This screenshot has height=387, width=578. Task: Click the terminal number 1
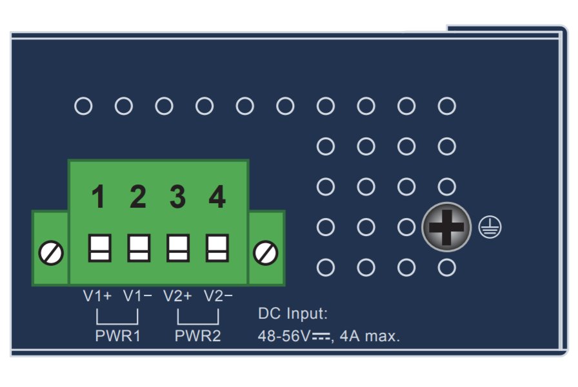tap(98, 197)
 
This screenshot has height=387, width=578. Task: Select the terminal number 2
tap(137, 197)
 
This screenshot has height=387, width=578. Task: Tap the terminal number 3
tap(177, 197)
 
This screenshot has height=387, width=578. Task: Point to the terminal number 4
tap(217, 197)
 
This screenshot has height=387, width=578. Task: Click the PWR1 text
tap(117, 336)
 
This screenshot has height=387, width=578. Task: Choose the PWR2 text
tap(197, 336)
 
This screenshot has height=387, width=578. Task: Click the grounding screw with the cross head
tap(446, 227)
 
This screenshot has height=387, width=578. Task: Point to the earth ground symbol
tap(490, 227)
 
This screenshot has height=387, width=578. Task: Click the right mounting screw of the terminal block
tap(265, 253)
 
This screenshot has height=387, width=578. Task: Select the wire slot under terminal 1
tap(99, 248)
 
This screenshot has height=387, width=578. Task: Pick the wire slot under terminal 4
tap(217, 248)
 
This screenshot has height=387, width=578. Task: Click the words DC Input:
tap(293, 314)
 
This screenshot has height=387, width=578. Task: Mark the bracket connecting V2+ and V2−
tap(197, 319)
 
